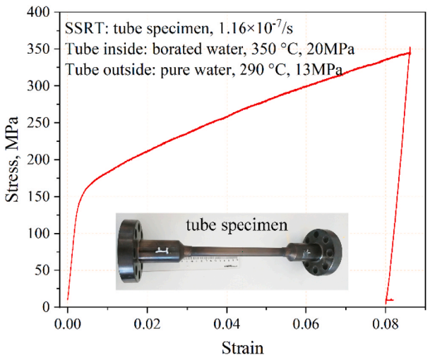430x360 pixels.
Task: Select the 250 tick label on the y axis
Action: (x=43, y=124)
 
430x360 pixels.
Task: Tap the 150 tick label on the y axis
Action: (x=43, y=197)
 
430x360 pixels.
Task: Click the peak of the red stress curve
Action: (x=410, y=52)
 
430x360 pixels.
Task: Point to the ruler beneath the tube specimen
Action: (x=212, y=264)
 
